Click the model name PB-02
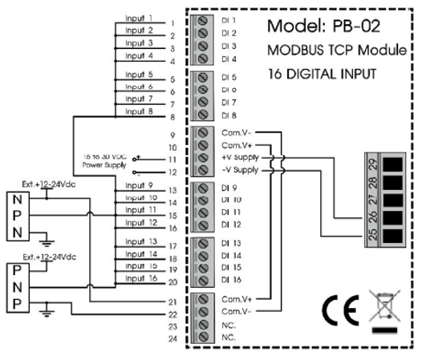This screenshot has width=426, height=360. point(335,26)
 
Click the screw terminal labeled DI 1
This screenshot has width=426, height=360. point(203,22)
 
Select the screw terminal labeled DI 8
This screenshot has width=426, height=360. point(203,115)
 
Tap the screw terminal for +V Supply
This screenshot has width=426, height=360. point(203,158)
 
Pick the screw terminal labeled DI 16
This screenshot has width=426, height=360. point(203,280)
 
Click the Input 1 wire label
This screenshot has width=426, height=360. point(138,17)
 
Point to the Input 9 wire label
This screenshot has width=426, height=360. point(138,185)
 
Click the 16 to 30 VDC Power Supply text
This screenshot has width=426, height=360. point(105,162)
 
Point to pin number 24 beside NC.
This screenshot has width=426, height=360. point(172,340)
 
